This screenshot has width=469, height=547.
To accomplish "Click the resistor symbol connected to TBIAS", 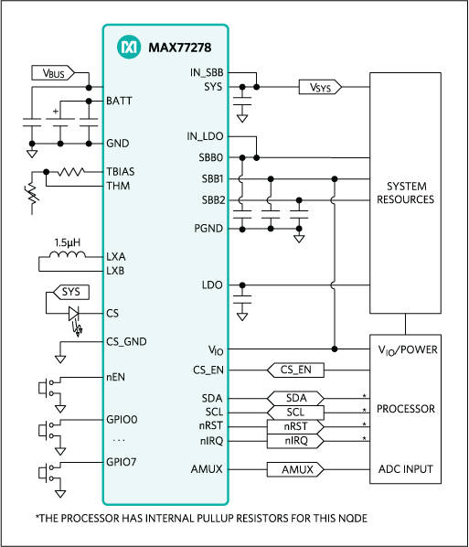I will tap(70, 171).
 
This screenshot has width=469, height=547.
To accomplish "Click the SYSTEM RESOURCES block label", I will tap(405, 193).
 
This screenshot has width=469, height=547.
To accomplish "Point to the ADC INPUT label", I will tap(405, 469).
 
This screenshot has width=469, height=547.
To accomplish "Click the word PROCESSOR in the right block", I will tap(405, 409).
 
